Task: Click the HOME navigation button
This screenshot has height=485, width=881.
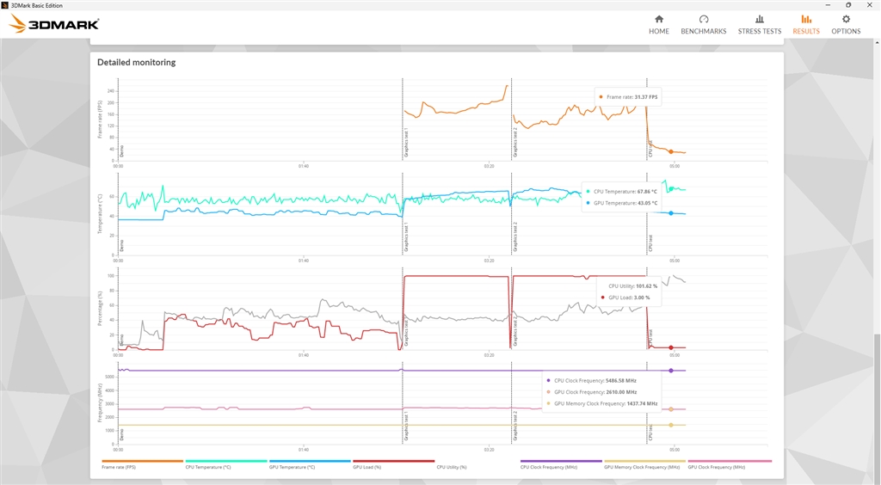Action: coord(659,24)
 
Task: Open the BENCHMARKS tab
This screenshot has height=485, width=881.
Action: coord(703,24)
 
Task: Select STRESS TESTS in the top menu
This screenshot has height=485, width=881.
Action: coord(760,24)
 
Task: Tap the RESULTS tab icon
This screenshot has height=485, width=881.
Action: coord(806,24)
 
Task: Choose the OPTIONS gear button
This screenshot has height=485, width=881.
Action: coord(846,24)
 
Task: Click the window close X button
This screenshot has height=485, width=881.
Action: coord(869,4)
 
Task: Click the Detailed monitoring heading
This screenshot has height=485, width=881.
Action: coord(137,62)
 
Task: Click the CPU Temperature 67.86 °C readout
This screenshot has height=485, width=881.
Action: coord(625,192)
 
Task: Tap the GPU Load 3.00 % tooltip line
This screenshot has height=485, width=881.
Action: coord(628,298)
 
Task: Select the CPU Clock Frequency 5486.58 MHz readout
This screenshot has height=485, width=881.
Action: coord(595,379)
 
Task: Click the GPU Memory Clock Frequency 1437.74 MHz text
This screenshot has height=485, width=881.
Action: coord(606,403)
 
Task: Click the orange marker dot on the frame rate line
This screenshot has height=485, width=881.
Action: coord(671,151)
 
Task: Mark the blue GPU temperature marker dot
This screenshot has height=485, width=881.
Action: coord(671,212)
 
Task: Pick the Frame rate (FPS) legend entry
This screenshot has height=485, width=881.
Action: coord(119,467)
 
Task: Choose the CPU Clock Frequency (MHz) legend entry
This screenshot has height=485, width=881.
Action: coord(549,467)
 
